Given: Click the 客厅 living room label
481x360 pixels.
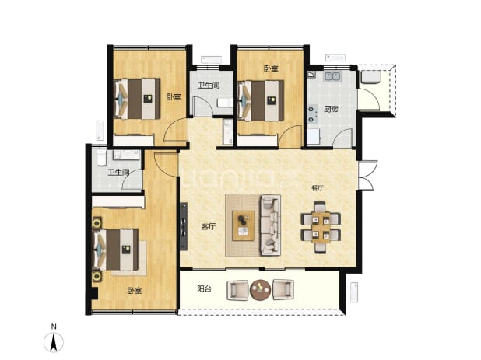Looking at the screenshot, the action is [x=209, y=227].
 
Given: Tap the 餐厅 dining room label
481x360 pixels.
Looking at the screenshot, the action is [x=318, y=188].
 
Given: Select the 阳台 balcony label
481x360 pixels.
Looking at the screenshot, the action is [x=204, y=288].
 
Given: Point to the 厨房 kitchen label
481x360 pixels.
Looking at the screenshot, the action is [x=331, y=109].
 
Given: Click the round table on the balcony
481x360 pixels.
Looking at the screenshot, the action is [x=260, y=290].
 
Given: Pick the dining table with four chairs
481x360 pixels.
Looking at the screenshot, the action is [x=321, y=227].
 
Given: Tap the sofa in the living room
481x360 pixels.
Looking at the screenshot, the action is [x=270, y=225].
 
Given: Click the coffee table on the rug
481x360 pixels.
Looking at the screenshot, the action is [x=244, y=225].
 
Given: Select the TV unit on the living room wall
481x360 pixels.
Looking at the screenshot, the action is [x=184, y=226].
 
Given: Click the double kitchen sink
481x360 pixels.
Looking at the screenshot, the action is [x=332, y=76].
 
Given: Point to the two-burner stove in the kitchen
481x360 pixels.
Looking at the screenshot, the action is [x=312, y=114].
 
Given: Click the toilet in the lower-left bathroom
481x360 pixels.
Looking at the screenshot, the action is [x=102, y=158].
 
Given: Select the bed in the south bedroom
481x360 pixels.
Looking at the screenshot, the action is [x=116, y=250].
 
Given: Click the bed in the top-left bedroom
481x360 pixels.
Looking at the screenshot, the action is [x=137, y=99].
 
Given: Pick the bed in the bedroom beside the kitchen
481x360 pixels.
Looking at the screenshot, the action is [x=261, y=100].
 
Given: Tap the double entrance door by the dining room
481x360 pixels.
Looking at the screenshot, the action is [x=367, y=175].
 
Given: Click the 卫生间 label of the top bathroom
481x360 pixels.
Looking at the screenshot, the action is [x=209, y=86].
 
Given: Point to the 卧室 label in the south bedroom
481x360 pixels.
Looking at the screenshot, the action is [x=135, y=291].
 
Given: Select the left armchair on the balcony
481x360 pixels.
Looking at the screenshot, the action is [x=237, y=290].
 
